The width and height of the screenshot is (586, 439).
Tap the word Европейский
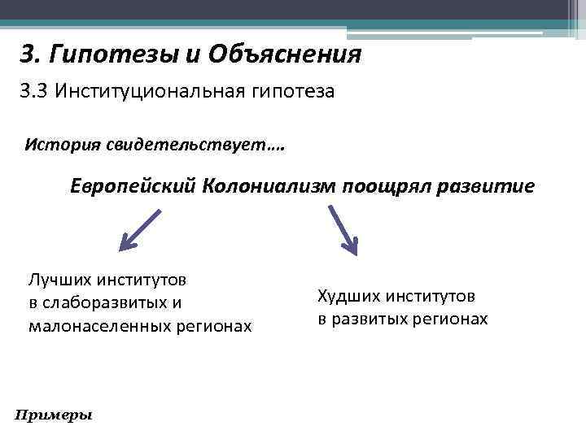click(132, 186)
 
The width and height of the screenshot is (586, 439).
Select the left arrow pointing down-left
click(140, 230)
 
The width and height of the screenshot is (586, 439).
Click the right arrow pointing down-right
click(343, 230)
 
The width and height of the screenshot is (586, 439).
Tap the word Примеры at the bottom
click(54, 415)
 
